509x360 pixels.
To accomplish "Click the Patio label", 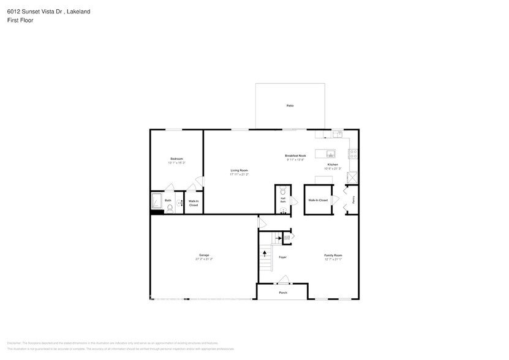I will point(290,106).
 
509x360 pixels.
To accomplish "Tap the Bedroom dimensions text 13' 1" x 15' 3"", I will point(176,163).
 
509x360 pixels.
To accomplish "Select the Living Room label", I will point(239,170).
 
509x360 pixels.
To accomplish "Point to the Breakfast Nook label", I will point(295,156).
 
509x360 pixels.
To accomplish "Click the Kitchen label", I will point(333,165).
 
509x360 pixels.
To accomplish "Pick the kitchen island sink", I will point(330,153).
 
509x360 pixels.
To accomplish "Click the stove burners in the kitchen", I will point(354,154).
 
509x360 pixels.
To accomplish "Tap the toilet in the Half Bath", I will point(282,192).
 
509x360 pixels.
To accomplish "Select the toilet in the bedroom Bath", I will point(170,208).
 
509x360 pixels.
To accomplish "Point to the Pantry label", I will point(354,200).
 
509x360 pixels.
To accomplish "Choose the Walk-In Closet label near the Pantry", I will point(318,200).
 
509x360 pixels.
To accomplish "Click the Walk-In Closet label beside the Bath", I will point(194,203).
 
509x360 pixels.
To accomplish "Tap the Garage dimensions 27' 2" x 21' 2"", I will point(204,259).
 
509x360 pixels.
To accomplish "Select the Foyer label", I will point(282,257).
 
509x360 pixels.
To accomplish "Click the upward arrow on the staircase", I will point(265,252).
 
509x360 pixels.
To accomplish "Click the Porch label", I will point(282,293).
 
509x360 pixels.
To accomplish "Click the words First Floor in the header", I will point(20,20).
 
